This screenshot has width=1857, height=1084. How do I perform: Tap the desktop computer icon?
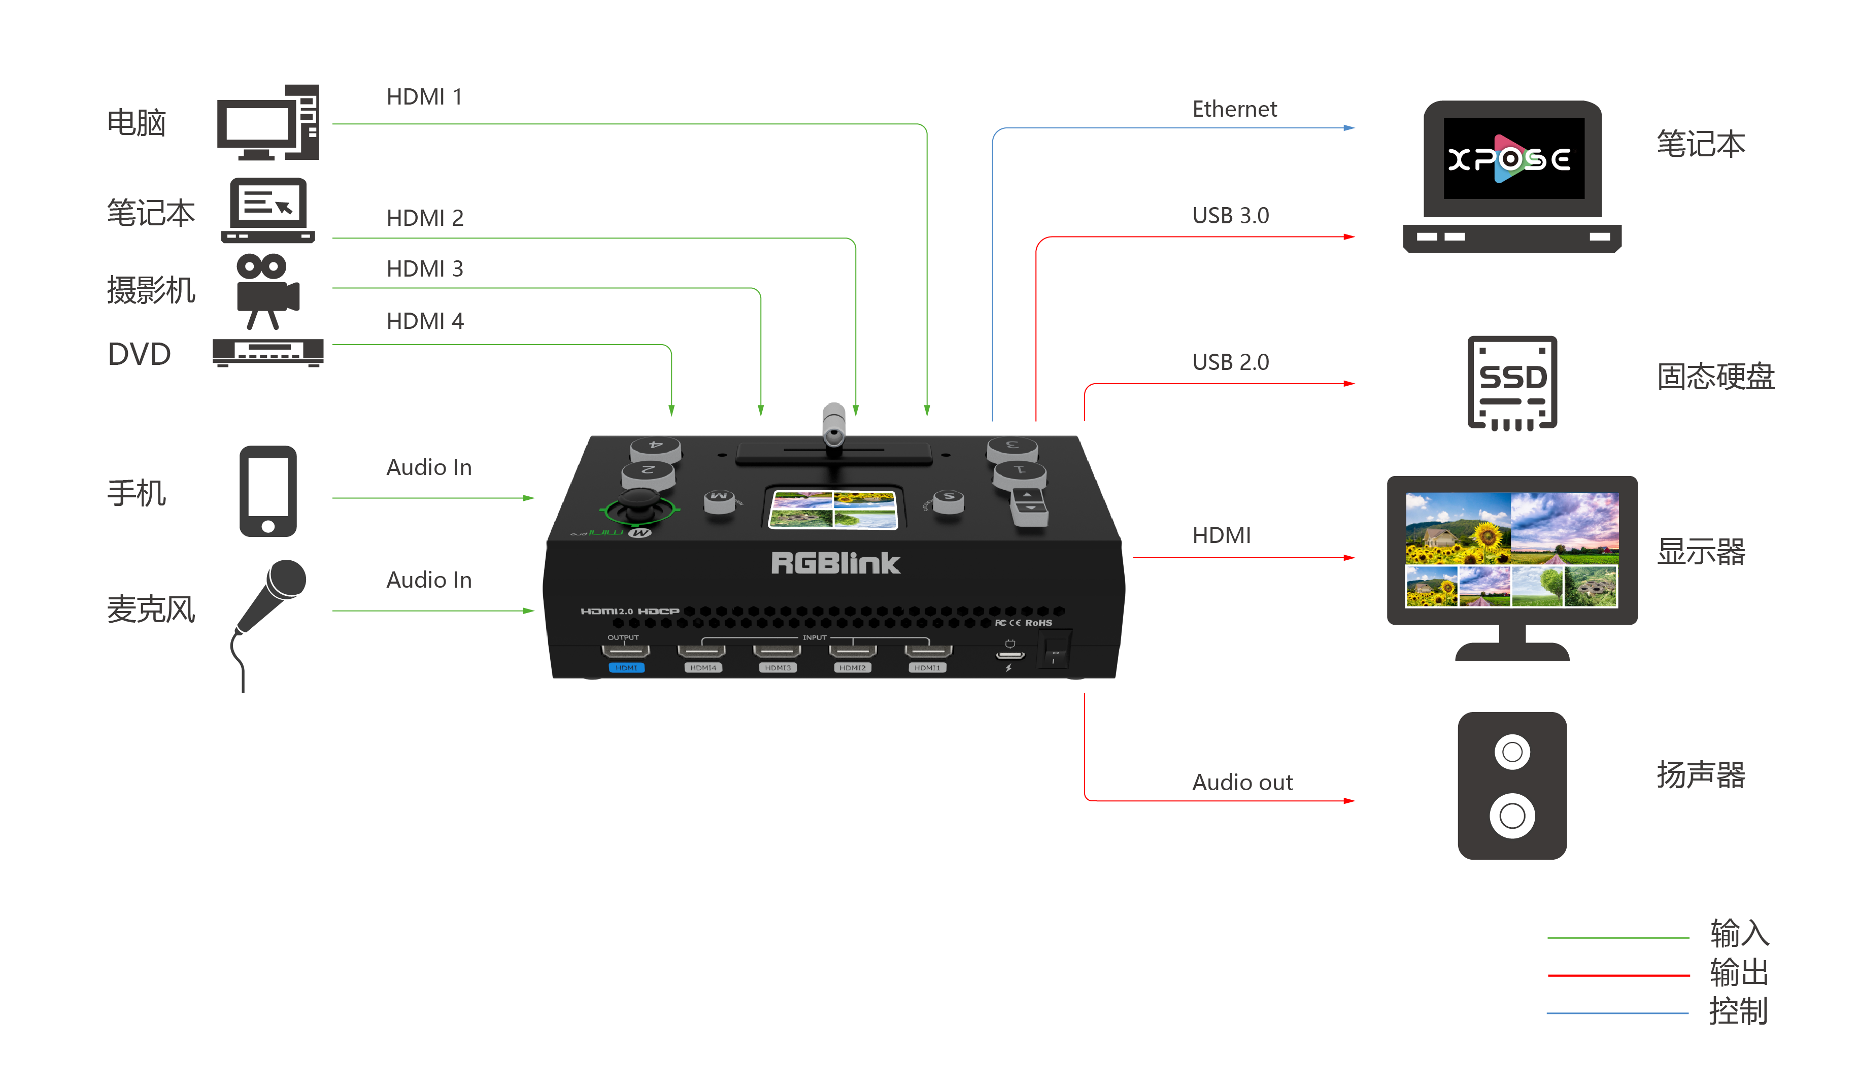(267, 122)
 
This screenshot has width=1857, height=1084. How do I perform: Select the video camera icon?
(267, 291)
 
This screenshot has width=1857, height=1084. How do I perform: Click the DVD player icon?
(267, 352)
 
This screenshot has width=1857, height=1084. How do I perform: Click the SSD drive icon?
(1512, 383)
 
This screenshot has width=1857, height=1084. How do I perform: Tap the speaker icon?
(1511, 786)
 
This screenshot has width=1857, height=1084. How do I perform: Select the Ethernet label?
(1234, 109)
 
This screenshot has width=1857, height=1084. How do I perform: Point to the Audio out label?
(1242, 782)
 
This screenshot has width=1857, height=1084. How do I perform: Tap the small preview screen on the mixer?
(833, 509)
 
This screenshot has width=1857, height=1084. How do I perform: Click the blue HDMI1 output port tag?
(626, 668)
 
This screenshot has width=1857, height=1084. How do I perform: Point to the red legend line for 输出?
(1618, 975)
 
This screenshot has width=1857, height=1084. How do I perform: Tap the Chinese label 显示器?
(1700, 551)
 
